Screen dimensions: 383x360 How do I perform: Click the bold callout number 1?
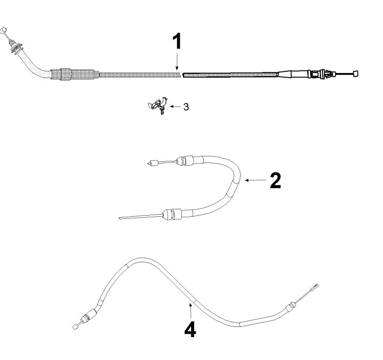coord(177,41)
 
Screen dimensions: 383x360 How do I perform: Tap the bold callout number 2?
coord(276,180)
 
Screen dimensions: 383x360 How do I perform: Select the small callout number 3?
coord(186,107)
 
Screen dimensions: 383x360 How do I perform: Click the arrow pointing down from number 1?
coord(177,62)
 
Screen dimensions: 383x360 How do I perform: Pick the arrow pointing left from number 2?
coord(255,180)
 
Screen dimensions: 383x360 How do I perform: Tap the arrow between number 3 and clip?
coord(176,107)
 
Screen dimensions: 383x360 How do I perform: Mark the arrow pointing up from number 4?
coord(190,310)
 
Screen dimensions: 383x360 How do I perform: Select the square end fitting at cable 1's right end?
coord(356,73)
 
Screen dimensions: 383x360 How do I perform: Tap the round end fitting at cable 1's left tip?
coord(3,30)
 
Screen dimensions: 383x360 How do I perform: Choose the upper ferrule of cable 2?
coord(186,160)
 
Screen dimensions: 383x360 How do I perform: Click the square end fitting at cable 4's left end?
coord(76,326)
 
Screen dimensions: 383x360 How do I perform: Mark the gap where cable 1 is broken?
coord(182,75)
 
